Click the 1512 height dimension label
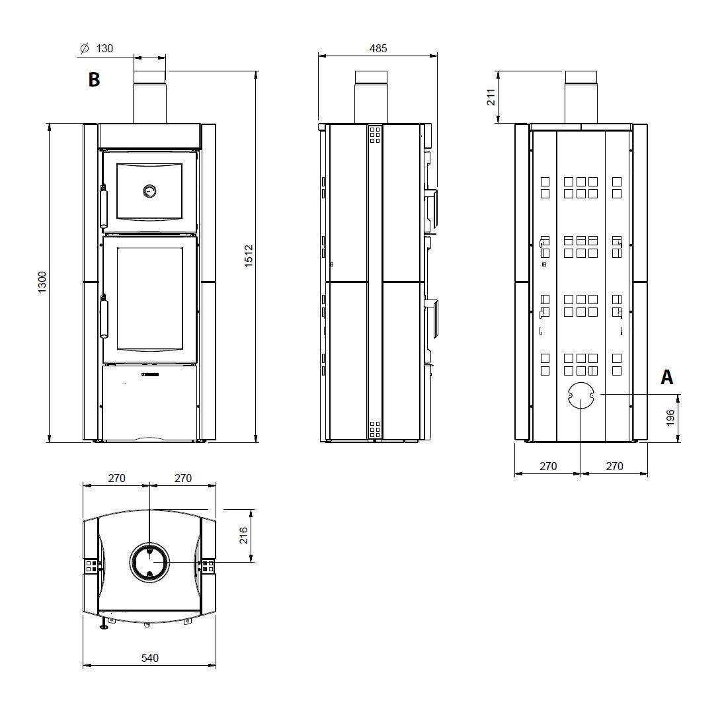coord(249,256)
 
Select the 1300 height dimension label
coord(42,282)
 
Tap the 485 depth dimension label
coord(378,48)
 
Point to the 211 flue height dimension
coord(491,97)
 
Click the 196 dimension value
coord(670,417)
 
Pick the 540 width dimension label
coord(150,658)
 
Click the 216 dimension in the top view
coord(243,536)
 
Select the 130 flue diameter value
coord(104,48)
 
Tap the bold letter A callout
coord(666,377)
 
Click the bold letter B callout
coord(94,79)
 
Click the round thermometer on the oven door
coord(149,190)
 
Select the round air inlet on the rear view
coord(581,395)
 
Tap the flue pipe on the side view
coord(371,97)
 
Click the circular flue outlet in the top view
coord(149,562)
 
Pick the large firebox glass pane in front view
coord(149,300)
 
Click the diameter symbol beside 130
coord(84,48)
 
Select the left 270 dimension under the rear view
coord(548,466)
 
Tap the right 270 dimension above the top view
coord(182,479)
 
